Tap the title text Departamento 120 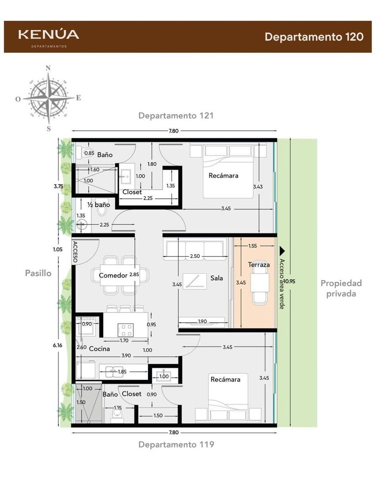(314, 37)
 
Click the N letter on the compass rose (48, 68)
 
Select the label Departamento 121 (176, 116)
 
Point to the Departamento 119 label (176, 445)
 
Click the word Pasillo (38, 273)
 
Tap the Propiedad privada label (341, 288)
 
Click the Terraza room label (259, 265)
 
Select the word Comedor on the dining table (113, 275)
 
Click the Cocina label (99, 349)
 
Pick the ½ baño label (99, 205)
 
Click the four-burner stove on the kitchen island (125, 330)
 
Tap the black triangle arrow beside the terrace (282, 251)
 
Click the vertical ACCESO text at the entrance (75, 252)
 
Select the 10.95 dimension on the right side (289, 282)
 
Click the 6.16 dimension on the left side (57, 345)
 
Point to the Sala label (217, 278)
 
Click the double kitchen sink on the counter (114, 372)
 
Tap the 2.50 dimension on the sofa (195, 256)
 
